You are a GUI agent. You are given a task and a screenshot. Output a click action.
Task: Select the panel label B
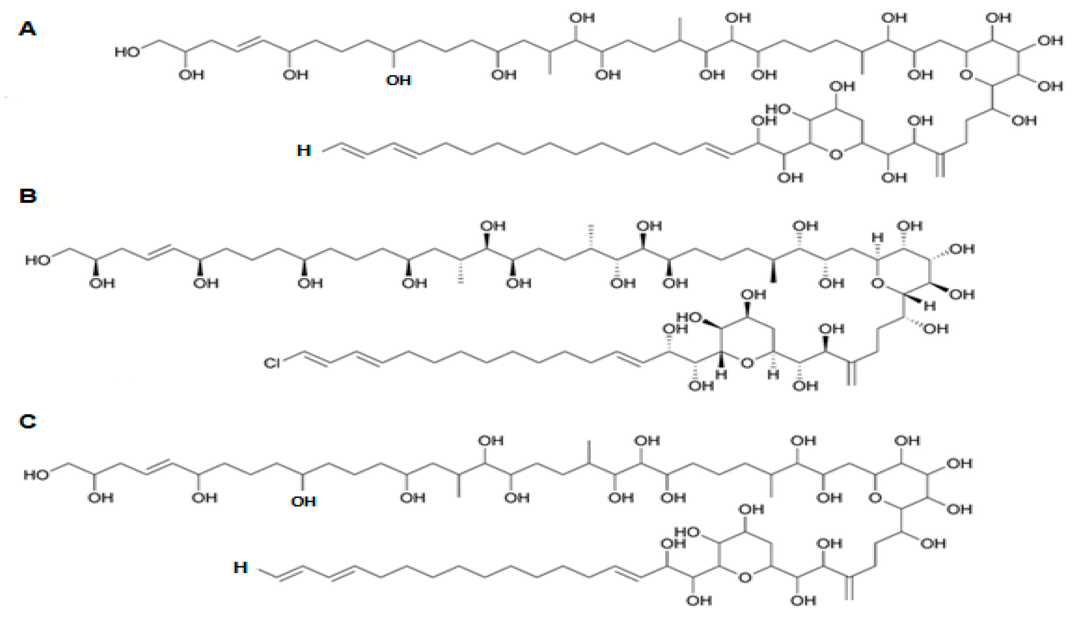click(27, 196)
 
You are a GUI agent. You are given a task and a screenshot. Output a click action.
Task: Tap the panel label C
click(27, 421)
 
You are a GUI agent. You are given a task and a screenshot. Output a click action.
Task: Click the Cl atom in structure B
click(272, 363)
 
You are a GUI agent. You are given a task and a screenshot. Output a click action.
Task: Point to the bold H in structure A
click(304, 150)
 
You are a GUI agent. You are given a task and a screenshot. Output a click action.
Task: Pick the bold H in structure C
click(240, 568)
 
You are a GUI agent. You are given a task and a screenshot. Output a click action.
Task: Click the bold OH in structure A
click(398, 80)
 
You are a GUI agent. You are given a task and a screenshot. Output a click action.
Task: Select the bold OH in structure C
click(303, 501)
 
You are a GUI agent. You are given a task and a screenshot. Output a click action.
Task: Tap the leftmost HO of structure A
click(127, 52)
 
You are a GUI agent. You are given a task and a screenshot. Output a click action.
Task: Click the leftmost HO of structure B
click(38, 260)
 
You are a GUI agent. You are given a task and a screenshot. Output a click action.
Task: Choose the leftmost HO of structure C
click(36, 474)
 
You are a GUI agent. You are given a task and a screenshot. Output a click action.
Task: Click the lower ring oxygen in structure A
click(836, 154)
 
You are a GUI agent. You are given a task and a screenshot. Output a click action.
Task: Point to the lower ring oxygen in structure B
click(747, 363)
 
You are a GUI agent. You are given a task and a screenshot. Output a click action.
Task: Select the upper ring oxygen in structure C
click(875, 497)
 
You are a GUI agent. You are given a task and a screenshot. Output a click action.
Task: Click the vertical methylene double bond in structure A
click(940, 165)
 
